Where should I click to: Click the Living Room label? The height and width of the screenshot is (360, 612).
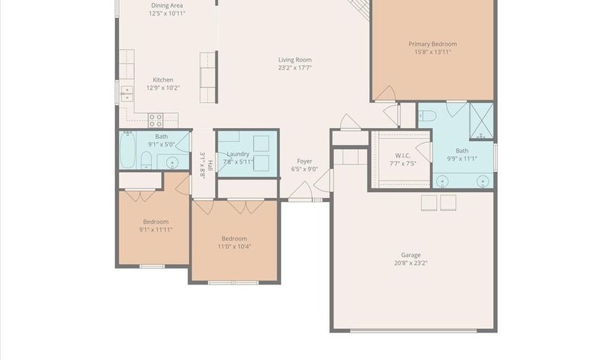tap(294, 60)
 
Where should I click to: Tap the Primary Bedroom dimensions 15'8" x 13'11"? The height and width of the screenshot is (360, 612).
tap(432, 52)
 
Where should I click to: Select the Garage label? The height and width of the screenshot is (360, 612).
tap(411, 255)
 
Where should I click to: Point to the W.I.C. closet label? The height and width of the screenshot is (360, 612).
tap(403, 155)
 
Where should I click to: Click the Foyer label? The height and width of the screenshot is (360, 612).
tap(305, 161)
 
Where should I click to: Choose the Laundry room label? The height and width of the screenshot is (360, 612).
tap(238, 154)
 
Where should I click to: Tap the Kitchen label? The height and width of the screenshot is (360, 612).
tap(163, 80)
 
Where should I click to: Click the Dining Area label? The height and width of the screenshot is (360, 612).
tap(167, 5)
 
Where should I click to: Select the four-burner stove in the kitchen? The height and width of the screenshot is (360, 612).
tap(155, 120)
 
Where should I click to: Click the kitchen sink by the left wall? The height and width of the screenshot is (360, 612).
tap(126, 94)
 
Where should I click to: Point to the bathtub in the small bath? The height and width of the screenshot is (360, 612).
tap(127, 150)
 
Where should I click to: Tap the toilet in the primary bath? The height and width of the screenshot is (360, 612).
tap(427, 116)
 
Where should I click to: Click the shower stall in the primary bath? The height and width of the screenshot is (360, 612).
tap(481, 121)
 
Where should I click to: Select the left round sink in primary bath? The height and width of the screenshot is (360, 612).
tap(442, 182)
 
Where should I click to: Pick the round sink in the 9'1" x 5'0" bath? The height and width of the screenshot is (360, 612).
tap(172, 163)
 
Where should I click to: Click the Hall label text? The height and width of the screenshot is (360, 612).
tap(210, 165)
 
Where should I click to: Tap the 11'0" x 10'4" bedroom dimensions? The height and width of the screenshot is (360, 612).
tap(234, 246)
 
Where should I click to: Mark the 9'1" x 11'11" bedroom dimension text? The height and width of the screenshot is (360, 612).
tap(156, 229)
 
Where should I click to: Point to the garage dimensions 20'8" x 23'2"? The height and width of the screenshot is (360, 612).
tap(411, 263)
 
